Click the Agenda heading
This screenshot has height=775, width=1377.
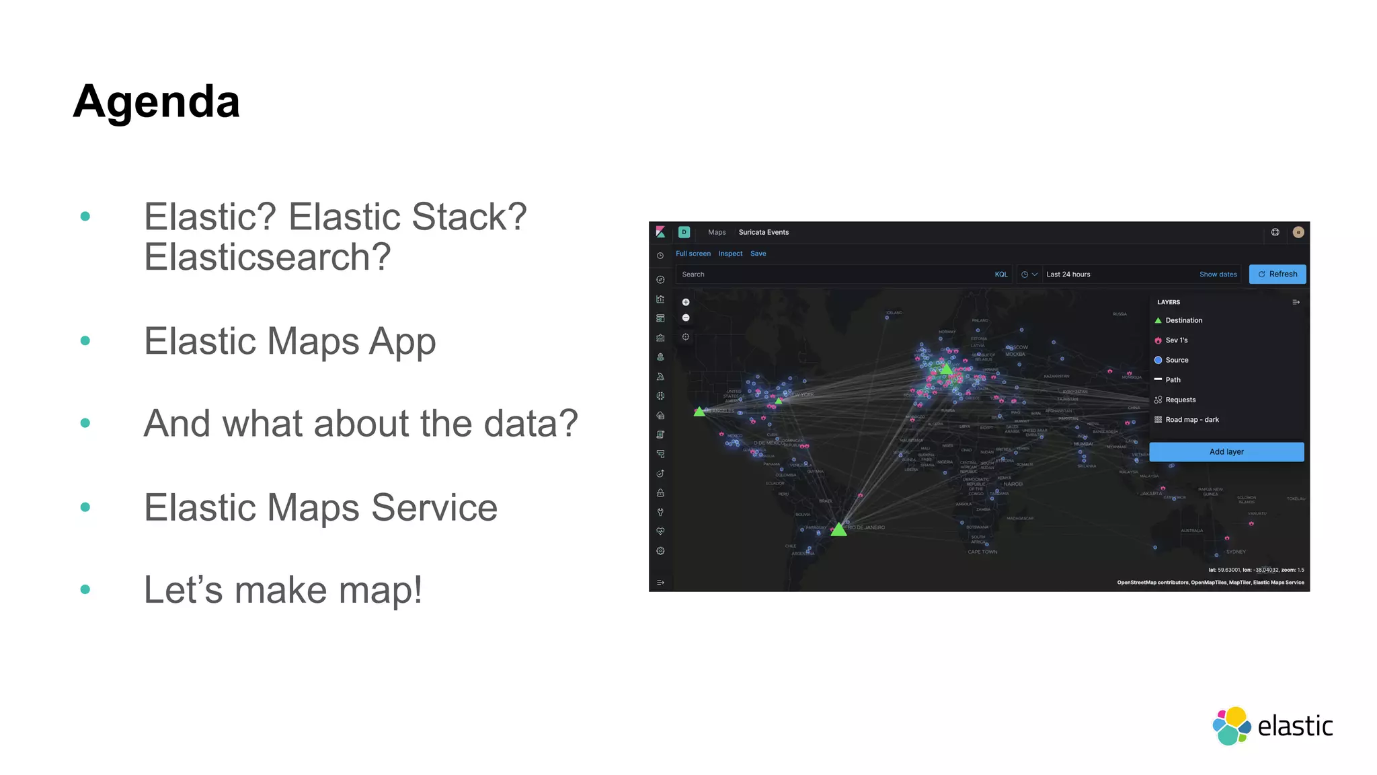[x=156, y=102]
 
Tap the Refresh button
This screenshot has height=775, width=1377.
[x=1277, y=274]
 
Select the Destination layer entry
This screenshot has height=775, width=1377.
[x=1183, y=320]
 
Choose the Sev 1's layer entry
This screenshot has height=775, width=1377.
[x=1176, y=340]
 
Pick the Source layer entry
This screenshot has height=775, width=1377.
[x=1177, y=360]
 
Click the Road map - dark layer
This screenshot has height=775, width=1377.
[x=1191, y=420]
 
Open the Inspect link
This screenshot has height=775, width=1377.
[x=730, y=254]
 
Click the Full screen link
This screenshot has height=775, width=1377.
[x=693, y=254]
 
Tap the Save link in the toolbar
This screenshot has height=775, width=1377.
[x=758, y=254]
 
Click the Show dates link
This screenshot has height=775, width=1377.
[x=1218, y=274]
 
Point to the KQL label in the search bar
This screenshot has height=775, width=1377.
[x=1001, y=274]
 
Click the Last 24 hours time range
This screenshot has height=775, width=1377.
[x=1068, y=274]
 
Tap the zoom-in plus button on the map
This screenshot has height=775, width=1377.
[x=686, y=302]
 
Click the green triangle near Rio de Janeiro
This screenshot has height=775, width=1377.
[x=838, y=529]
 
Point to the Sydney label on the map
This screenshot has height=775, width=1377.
[x=1236, y=552]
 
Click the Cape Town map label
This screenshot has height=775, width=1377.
[x=982, y=552]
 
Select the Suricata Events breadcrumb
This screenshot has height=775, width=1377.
[x=763, y=232]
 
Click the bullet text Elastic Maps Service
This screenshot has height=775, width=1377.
[x=320, y=507]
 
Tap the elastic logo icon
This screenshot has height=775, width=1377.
[x=1231, y=726]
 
